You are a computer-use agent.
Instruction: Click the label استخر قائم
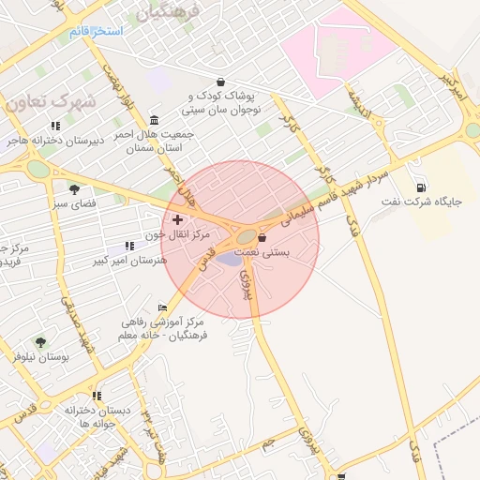click(96, 32)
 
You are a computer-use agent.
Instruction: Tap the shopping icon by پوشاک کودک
click(220, 82)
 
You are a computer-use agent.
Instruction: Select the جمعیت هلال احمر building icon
click(154, 120)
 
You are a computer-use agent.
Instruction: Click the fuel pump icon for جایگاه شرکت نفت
click(420, 187)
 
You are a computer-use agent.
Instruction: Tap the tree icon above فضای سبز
click(74, 189)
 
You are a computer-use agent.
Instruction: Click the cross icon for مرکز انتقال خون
click(177, 218)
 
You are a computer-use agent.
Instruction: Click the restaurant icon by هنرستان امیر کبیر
click(129, 246)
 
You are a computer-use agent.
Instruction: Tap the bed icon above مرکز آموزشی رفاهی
click(163, 307)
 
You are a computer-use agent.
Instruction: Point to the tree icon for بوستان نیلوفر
click(40, 342)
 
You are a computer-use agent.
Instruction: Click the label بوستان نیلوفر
click(40, 357)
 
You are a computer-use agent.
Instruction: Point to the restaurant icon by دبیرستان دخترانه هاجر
click(55, 126)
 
